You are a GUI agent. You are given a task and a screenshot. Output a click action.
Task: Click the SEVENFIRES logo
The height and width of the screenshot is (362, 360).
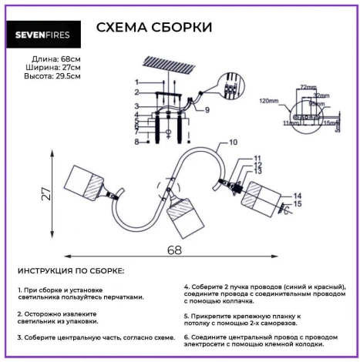44,32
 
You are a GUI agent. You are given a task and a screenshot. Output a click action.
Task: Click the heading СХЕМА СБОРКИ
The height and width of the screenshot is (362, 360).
154,28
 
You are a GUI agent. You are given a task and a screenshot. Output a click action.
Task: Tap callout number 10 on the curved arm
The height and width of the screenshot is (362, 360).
234,142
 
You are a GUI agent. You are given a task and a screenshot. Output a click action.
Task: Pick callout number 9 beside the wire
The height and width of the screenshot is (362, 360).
207,110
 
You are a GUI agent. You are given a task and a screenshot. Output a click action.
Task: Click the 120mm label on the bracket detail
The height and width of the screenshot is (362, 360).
269,101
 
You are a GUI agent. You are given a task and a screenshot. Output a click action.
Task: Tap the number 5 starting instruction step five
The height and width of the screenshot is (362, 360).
186,315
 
